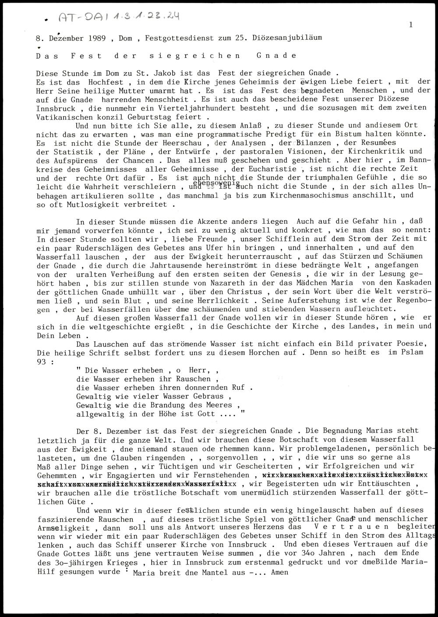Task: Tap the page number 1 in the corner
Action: [x=410, y=25]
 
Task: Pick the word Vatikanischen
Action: [x=61, y=117]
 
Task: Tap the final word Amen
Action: [x=280, y=572]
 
